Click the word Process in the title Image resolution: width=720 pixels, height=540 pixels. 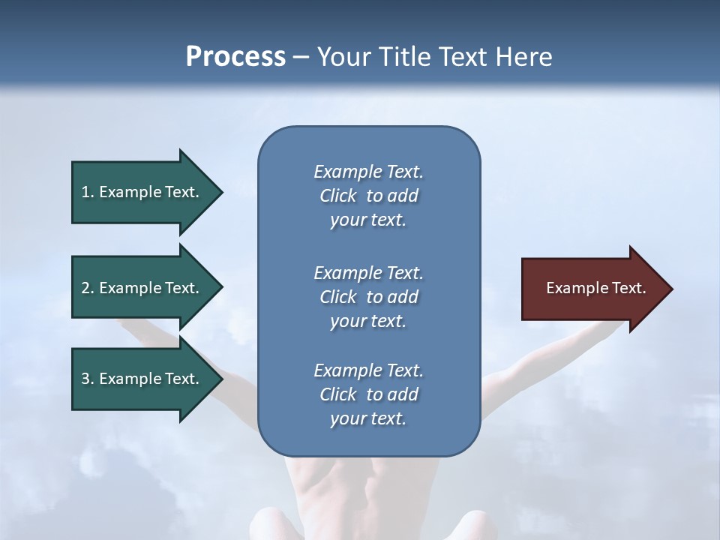click(x=235, y=57)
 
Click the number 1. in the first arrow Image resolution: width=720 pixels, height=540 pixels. click(x=87, y=193)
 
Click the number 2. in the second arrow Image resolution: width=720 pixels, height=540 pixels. click(x=87, y=288)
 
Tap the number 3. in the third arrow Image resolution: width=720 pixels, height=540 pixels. click(x=87, y=379)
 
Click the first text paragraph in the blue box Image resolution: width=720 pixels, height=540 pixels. click(x=368, y=196)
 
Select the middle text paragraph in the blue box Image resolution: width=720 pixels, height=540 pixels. click(x=368, y=297)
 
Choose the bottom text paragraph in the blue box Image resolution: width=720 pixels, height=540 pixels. click(x=368, y=394)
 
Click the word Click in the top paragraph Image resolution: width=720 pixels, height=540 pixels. click(x=337, y=196)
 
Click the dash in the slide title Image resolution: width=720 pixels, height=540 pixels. click(x=301, y=57)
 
